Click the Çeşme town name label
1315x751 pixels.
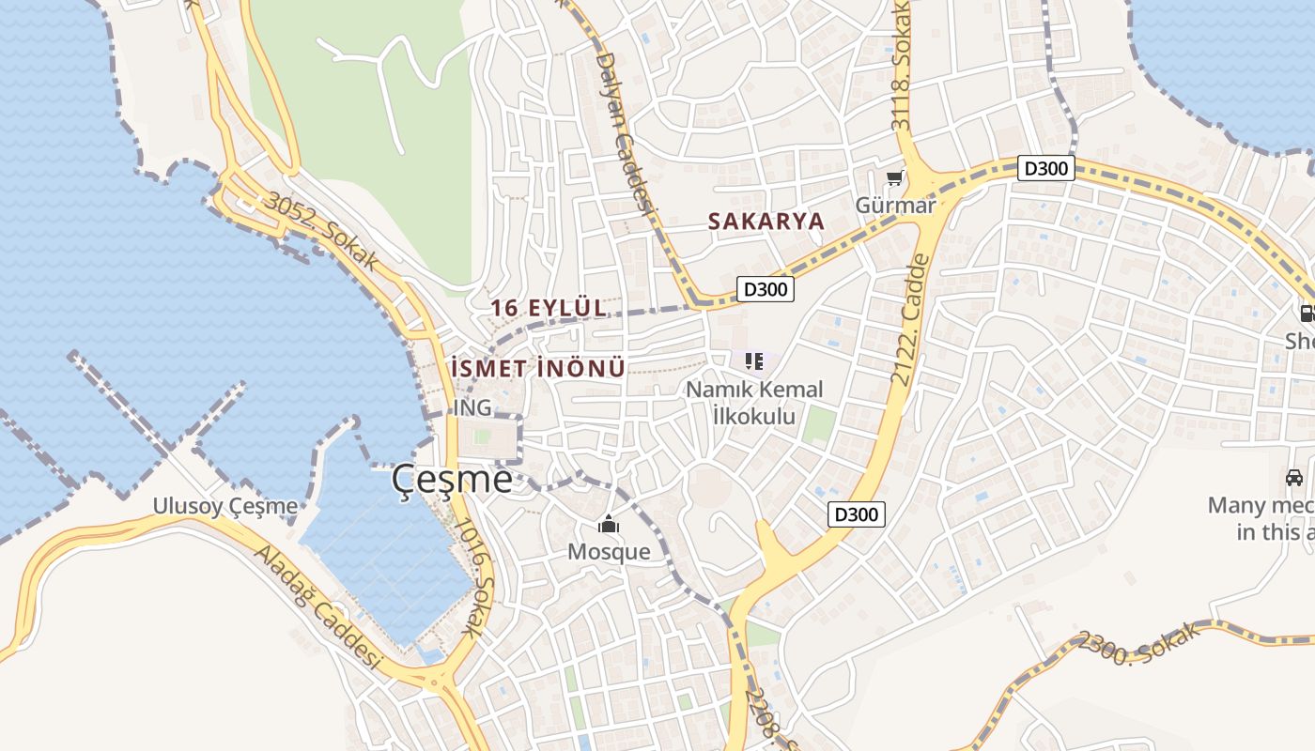452,480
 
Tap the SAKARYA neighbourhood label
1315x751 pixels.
766,222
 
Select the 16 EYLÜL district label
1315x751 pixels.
549,308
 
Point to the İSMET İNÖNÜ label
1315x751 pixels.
537,369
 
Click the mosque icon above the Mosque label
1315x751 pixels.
609,524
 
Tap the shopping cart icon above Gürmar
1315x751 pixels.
895,178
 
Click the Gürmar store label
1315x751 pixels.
895,205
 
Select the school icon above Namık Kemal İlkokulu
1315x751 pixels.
753,361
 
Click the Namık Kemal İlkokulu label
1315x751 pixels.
754,402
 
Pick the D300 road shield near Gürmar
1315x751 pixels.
1045,169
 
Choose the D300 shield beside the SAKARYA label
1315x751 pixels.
765,289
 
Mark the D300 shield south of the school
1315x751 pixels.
857,514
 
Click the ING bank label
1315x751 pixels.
472,408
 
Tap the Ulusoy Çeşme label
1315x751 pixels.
225,507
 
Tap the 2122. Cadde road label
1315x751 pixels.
909,319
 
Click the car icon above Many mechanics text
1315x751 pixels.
1293,477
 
